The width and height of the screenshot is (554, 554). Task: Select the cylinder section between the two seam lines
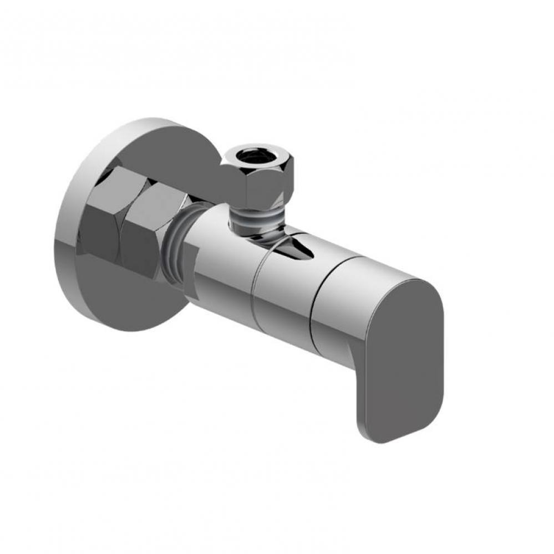tap(283, 294)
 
